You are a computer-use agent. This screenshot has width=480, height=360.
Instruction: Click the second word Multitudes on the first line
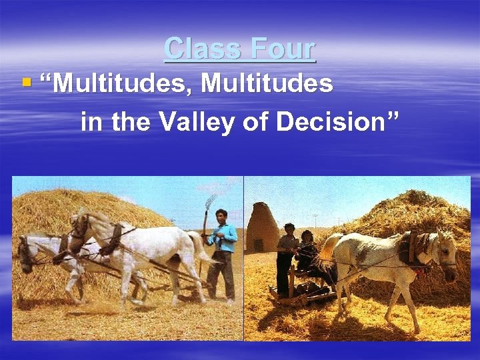point(267,85)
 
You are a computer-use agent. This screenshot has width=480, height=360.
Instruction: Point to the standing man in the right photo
point(286,257)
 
